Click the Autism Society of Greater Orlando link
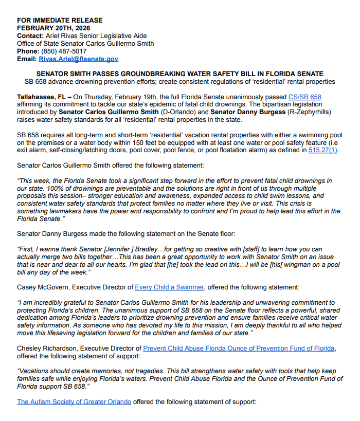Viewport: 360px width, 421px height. (x=74, y=401)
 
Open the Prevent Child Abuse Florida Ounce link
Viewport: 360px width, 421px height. (x=239, y=349)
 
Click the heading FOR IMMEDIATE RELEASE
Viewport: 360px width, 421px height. (x=60, y=21)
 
